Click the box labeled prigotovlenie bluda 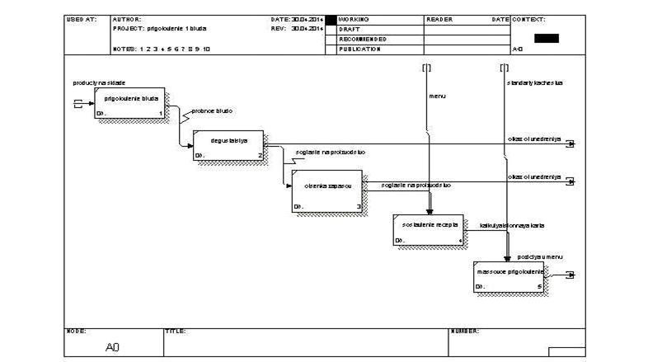[x=129, y=103]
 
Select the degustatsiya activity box [x=228, y=145]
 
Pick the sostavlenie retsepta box [x=429, y=228]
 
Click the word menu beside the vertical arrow [x=437, y=96]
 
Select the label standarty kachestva [x=535, y=83]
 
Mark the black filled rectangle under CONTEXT [x=546, y=38]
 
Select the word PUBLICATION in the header [x=359, y=49]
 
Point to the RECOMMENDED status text [x=363, y=39]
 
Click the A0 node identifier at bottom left [x=114, y=348]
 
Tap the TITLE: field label [x=176, y=331]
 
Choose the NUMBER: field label [x=465, y=331]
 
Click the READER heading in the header [x=439, y=19]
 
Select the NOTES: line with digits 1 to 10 [x=162, y=49]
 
